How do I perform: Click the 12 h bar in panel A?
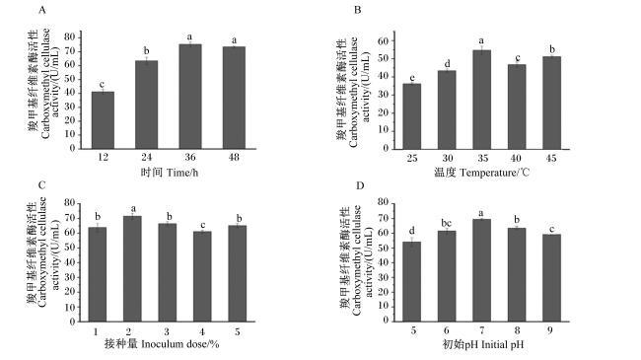point(103,120)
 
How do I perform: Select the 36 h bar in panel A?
point(190,96)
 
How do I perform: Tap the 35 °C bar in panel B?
point(482,100)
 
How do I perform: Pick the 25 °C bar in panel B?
point(412,116)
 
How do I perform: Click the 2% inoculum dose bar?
point(132,269)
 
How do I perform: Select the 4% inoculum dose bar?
point(202,276)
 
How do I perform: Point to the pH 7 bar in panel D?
point(482,270)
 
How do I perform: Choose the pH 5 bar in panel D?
point(412,281)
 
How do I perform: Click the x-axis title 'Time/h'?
point(182,173)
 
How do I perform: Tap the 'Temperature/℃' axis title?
point(494,173)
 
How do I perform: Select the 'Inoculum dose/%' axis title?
point(180,343)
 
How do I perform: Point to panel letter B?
point(358,10)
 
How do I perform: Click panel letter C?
point(41,185)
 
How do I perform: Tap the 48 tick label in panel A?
point(234,157)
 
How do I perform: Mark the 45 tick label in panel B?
point(551,158)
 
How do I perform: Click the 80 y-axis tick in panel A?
point(70,36)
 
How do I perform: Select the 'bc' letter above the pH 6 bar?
point(447,223)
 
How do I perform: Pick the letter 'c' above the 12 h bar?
point(103,85)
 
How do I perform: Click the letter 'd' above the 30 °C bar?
point(448,64)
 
